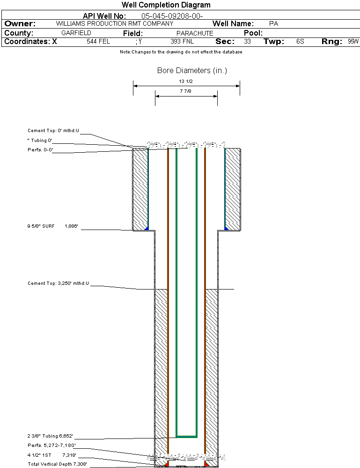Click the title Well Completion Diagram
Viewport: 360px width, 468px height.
pyautogui.click(x=166, y=5)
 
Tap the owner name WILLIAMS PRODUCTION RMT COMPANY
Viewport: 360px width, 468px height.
pyautogui.click(x=114, y=23)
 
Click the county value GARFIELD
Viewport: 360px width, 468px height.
pyautogui.click(x=76, y=33)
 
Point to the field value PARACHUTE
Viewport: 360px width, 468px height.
pyautogui.click(x=195, y=33)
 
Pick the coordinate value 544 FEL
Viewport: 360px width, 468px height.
pyautogui.click(x=98, y=42)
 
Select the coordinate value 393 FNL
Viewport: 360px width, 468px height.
pyautogui.click(x=182, y=42)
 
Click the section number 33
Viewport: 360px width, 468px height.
pyautogui.click(x=247, y=42)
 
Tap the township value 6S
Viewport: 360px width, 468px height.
pyautogui.click(x=300, y=42)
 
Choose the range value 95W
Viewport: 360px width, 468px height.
pyautogui.click(x=353, y=42)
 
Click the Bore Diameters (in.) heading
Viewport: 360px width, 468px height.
pyautogui.click(x=192, y=71)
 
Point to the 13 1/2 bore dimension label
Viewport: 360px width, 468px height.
pyautogui.click(x=186, y=81)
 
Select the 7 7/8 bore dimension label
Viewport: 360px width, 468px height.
pyautogui.click(x=186, y=91)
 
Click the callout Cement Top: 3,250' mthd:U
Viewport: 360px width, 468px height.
pyautogui.click(x=58, y=283)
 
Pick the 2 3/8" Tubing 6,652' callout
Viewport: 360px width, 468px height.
pyautogui.click(x=50, y=436)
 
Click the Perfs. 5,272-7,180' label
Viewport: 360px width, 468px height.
pyautogui.click(x=51, y=445)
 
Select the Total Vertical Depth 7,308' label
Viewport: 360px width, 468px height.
pyautogui.click(x=57, y=464)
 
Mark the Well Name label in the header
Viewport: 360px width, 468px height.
pyautogui.click(x=233, y=23)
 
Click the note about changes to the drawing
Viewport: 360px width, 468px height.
pyautogui.click(x=181, y=52)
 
